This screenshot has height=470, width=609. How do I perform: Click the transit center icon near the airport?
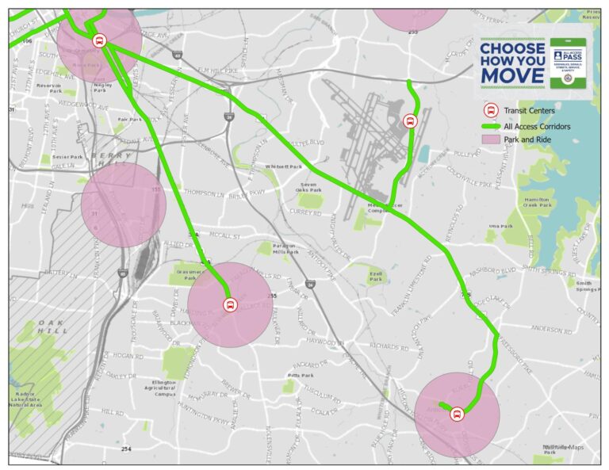[410, 121]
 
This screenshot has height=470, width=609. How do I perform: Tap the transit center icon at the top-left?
[99, 41]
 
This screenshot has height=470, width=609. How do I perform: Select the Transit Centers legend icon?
[490, 111]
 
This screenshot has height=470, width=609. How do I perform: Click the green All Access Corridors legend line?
[490, 126]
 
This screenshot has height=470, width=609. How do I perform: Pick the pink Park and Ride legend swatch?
[490, 139]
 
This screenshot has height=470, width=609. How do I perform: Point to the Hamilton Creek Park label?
[537, 201]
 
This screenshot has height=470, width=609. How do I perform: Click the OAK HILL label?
[52, 326]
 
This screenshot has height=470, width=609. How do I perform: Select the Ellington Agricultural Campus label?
[165, 387]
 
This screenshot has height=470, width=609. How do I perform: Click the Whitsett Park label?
[284, 166]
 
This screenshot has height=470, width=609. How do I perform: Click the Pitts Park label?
[301, 376]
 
